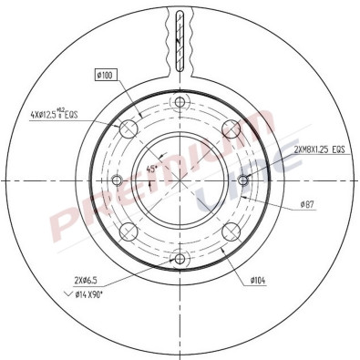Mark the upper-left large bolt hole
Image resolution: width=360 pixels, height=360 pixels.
coord(130,128)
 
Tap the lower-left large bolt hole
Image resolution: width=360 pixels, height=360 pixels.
coord(130,229)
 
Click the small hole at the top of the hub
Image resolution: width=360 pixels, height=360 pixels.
coord(180,102)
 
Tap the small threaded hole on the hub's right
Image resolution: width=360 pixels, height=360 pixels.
coord(256,179)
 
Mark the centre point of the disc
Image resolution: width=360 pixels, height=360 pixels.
coord(180,179)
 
